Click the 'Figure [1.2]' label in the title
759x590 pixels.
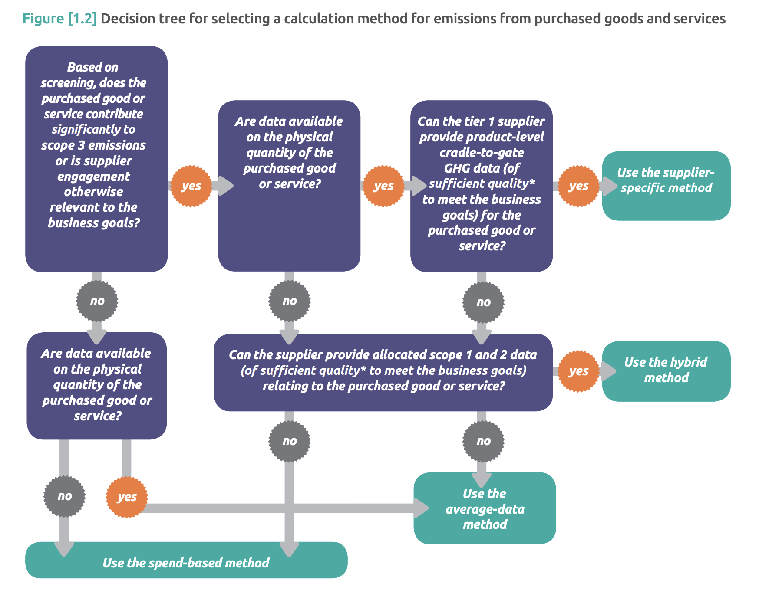click(x=59, y=19)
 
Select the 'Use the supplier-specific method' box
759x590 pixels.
click(x=666, y=186)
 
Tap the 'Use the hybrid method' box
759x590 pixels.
click(x=666, y=371)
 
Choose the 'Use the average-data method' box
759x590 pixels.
click(x=485, y=508)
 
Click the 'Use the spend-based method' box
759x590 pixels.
click(x=186, y=563)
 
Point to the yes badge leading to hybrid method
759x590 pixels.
click(x=578, y=371)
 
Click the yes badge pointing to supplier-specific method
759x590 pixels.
click(x=578, y=186)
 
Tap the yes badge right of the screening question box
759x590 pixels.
click(x=191, y=186)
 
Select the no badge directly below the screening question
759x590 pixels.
click(x=97, y=301)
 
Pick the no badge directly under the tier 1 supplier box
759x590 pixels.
click(x=483, y=302)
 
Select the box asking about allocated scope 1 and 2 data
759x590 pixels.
click(x=383, y=371)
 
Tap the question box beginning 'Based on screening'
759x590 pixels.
click(x=96, y=159)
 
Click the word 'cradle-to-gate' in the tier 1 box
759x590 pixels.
click(x=482, y=153)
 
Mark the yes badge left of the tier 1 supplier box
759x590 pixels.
click(x=383, y=186)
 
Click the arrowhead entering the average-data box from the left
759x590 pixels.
click(x=421, y=508)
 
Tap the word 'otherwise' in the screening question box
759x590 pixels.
click(x=93, y=192)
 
